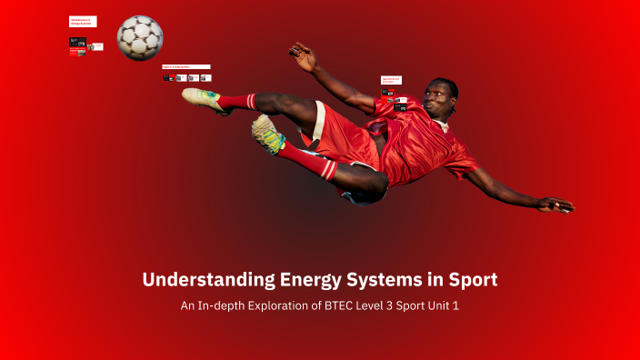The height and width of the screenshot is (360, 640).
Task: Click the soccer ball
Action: [x=140, y=37]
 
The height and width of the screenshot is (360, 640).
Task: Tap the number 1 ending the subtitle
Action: [x=455, y=306]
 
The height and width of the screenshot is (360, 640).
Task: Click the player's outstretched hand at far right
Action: [x=555, y=205]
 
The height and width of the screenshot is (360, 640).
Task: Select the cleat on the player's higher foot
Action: [x=201, y=98]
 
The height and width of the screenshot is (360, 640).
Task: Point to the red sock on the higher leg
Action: [x=237, y=101]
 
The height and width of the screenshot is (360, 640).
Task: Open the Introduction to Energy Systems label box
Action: [x=82, y=21]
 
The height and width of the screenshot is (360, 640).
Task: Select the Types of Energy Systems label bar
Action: [x=185, y=66]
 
